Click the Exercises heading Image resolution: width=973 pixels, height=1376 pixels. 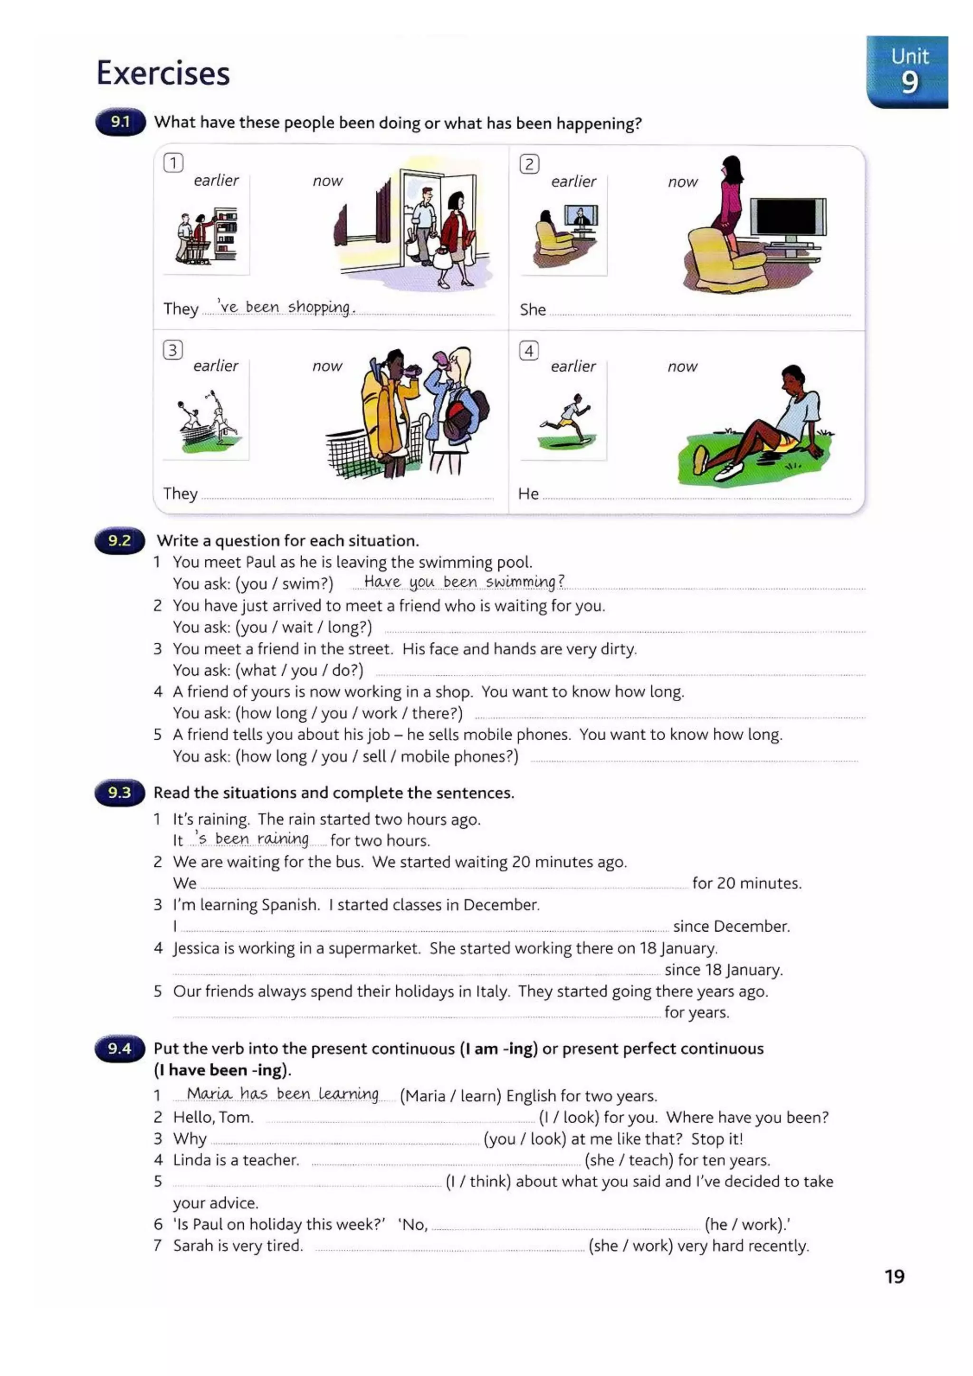[163, 73]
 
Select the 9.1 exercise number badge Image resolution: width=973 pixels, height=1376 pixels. [120, 122]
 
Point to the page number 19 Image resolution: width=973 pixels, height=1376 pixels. [894, 1277]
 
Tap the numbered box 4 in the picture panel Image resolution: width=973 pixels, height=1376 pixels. [528, 351]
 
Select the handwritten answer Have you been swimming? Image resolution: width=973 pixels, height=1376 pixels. [464, 581]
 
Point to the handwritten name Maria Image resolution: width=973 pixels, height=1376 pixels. [209, 1094]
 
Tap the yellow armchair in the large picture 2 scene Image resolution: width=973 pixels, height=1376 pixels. [725, 261]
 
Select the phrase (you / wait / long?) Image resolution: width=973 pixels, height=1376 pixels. [304, 628]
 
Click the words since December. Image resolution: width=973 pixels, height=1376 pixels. [731, 927]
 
